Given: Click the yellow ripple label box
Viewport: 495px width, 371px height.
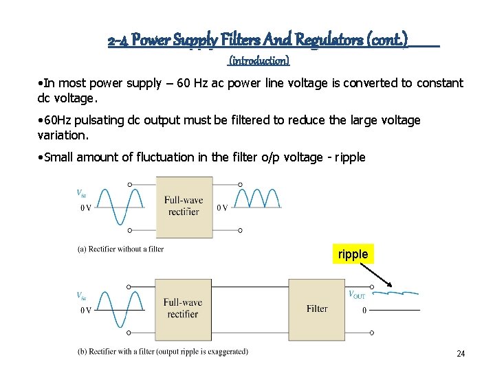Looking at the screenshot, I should [x=353, y=254].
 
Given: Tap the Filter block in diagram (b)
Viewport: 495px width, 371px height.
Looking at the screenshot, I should [x=317, y=308].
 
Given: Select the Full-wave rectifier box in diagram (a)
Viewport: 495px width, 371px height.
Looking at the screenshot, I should [x=184, y=205].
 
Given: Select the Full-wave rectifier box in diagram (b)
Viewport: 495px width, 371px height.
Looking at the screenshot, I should [x=183, y=308].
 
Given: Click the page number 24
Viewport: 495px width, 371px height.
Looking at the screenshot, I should [x=461, y=354].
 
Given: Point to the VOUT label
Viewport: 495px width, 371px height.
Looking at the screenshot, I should [x=357, y=295].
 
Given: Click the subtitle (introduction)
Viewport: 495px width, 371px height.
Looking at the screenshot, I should [x=258, y=60].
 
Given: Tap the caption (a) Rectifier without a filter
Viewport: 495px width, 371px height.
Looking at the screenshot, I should [x=120, y=249].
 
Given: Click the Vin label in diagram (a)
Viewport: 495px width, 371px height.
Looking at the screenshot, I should [x=82, y=193].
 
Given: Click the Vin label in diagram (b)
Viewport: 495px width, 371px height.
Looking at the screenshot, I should [x=82, y=295].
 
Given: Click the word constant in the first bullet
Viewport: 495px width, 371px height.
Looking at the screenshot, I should [x=437, y=83].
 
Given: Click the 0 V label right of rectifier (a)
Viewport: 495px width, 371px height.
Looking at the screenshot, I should [x=223, y=207].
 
